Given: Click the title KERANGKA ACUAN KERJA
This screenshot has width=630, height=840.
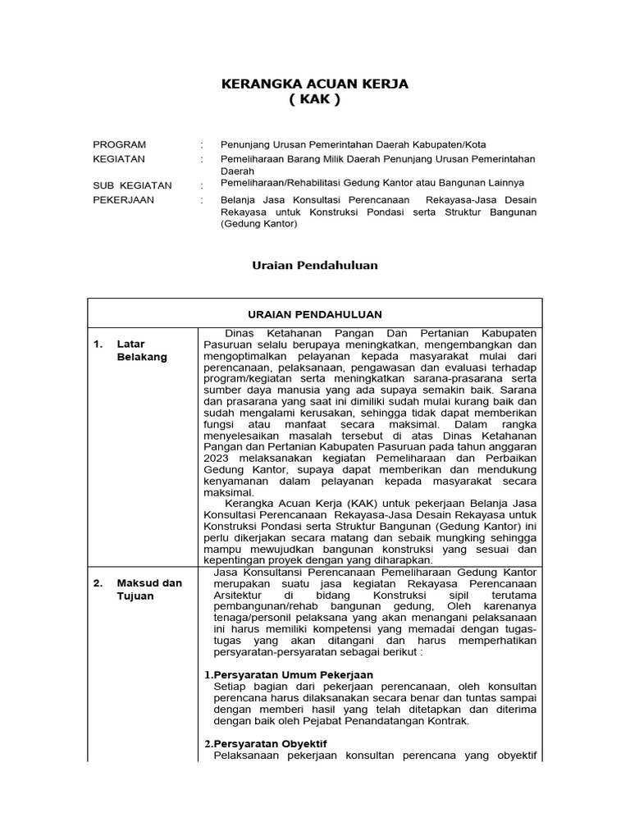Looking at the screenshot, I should [x=316, y=84].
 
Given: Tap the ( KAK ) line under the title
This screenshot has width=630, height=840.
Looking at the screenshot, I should [x=314, y=100].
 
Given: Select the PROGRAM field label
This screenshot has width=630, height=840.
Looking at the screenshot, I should [x=120, y=144].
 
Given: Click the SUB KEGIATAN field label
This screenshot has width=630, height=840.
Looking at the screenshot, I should [x=132, y=185].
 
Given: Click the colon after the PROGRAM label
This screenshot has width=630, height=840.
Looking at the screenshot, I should [x=201, y=144].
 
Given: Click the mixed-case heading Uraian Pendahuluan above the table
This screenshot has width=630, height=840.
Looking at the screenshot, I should [x=313, y=265].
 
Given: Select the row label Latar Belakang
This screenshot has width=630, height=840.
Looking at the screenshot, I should [x=142, y=350].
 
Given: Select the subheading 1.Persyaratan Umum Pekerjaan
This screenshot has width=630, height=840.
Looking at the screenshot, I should [x=288, y=674].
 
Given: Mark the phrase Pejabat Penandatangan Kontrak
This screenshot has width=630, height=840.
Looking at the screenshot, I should [x=394, y=720].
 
